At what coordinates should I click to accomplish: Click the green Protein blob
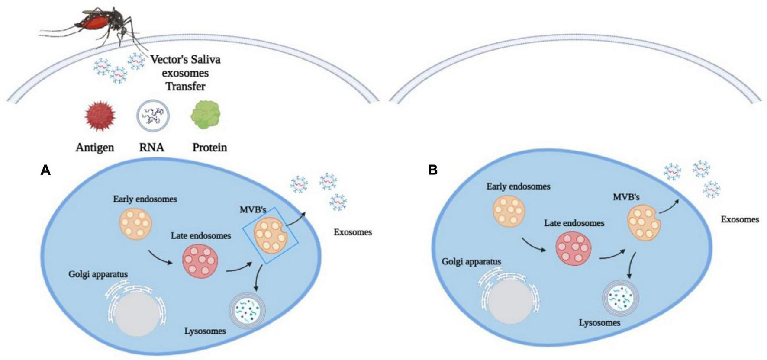206,115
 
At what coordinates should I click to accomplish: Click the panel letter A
45,170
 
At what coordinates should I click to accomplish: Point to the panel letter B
432,170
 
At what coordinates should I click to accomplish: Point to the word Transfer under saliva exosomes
185,86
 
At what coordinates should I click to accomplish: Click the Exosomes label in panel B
739,219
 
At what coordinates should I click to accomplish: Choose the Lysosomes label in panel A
205,331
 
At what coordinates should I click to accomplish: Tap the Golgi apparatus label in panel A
98,274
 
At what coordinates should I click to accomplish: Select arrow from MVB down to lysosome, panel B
631,265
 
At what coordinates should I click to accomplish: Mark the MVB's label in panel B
626,197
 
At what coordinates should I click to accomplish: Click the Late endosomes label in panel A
201,236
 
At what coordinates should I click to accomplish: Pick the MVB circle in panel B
644,223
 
